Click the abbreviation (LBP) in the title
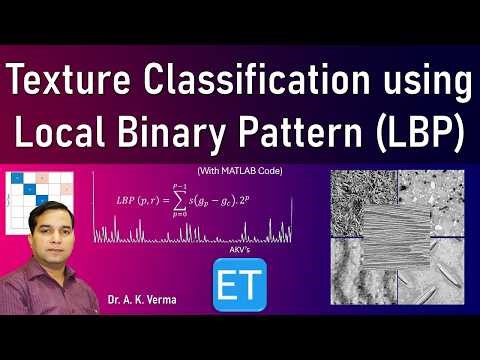(416, 134)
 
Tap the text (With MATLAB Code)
(240, 172)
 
